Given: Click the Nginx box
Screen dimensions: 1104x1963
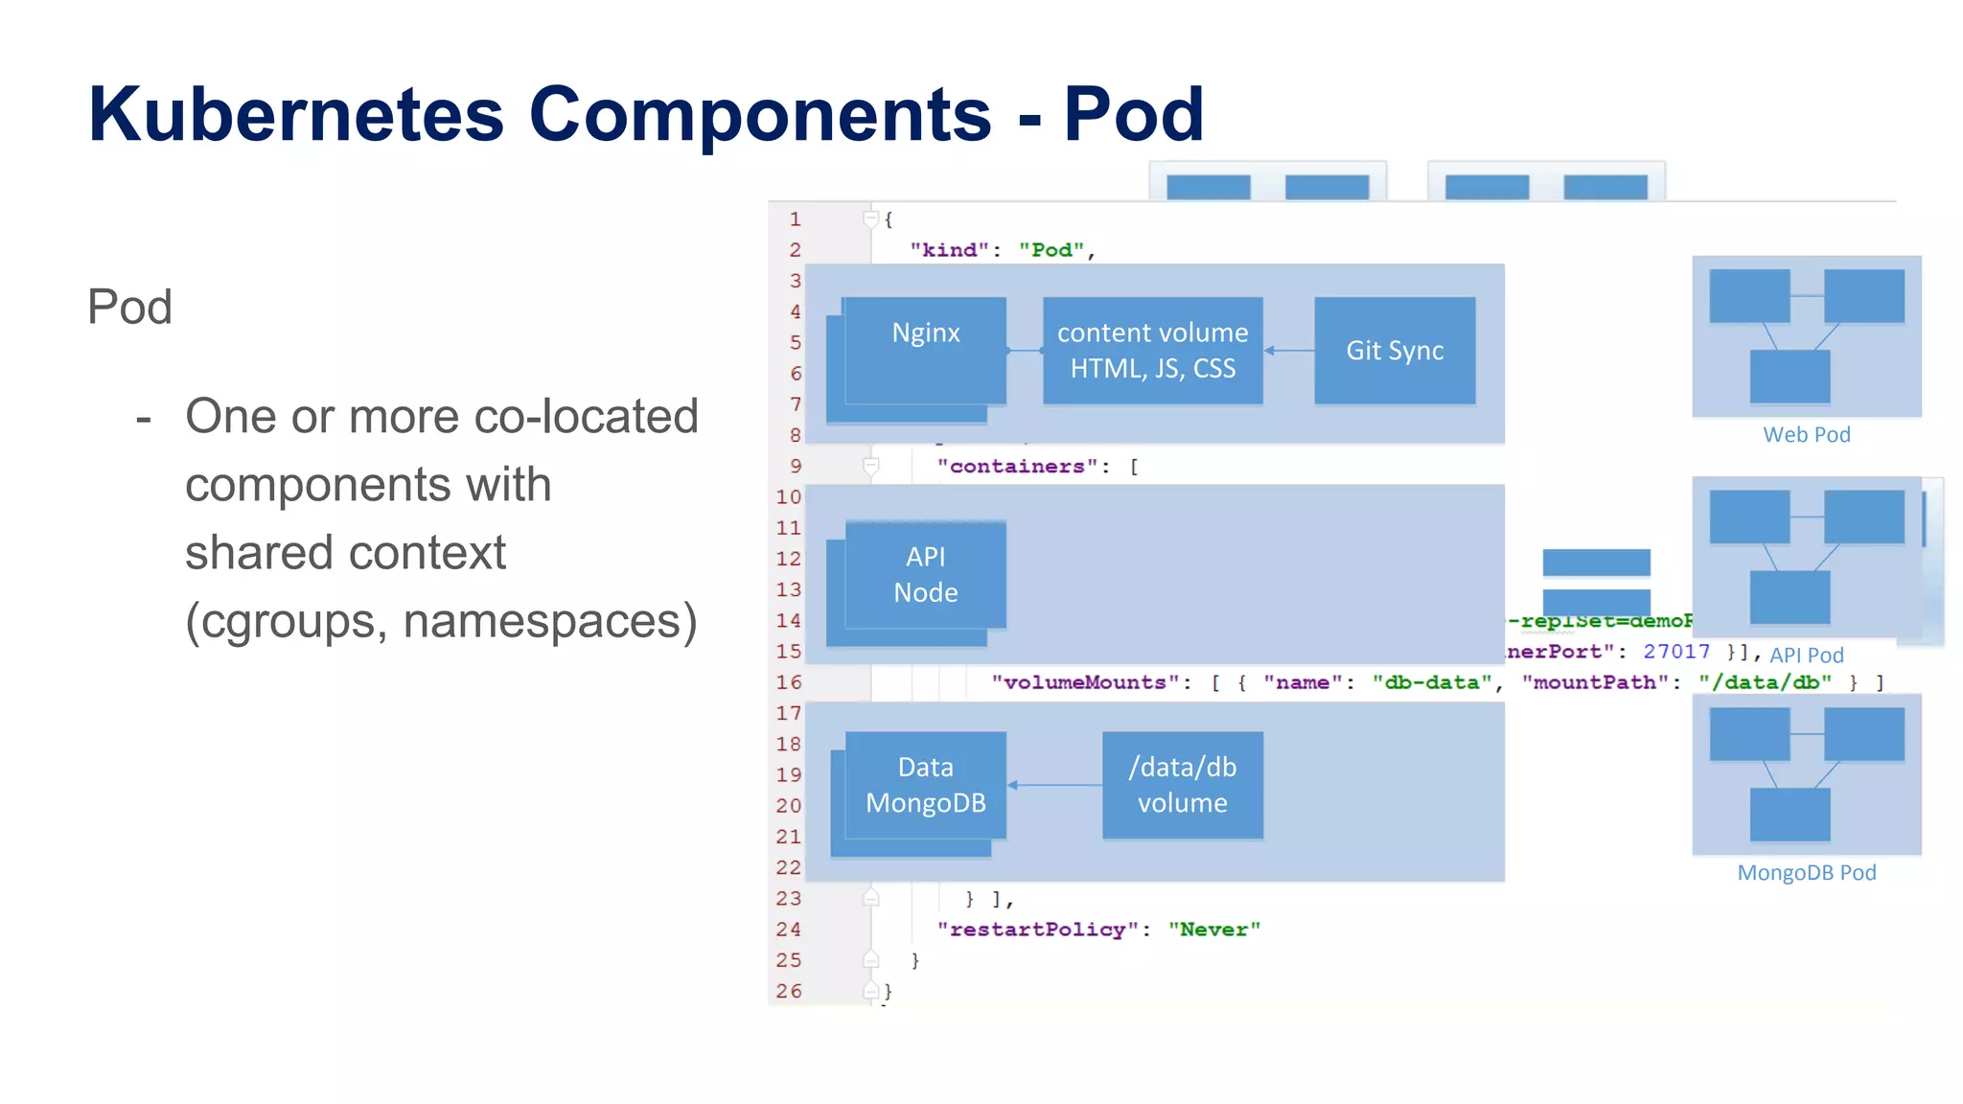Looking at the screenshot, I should click(926, 350).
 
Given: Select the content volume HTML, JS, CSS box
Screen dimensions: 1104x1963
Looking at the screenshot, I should click(1152, 351).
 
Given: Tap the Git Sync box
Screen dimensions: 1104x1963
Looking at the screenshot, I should click(1395, 351).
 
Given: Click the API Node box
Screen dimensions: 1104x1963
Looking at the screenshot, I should click(926, 574).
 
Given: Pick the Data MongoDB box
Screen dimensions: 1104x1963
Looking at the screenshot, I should click(926, 785).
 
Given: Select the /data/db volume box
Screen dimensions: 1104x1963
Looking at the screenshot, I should click(1182, 785).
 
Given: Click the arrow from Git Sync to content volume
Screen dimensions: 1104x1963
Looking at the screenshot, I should click(1289, 351).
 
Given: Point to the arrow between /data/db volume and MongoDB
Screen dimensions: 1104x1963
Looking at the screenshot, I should click(1054, 785).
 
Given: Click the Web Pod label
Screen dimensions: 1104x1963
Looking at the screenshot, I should click(1806, 435).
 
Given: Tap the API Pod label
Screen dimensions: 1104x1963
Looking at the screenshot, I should click(1806, 655).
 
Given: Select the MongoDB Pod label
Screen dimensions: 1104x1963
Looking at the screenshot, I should click(1806, 873).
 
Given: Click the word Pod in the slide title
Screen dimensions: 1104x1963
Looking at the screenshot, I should click(1133, 115).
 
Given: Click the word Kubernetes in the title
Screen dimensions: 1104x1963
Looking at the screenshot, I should click(295, 115).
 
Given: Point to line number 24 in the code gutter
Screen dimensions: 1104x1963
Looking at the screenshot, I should click(789, 930).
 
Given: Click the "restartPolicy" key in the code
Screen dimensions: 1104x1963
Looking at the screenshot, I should click(1037, 930).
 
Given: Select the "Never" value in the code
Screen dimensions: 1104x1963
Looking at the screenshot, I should click(1213, 930).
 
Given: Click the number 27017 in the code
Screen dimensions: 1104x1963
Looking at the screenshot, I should click(1675, 652).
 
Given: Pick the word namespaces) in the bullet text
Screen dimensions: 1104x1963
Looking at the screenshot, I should click(550, 621).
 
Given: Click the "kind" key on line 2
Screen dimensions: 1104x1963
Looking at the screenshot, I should click(948, 250).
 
